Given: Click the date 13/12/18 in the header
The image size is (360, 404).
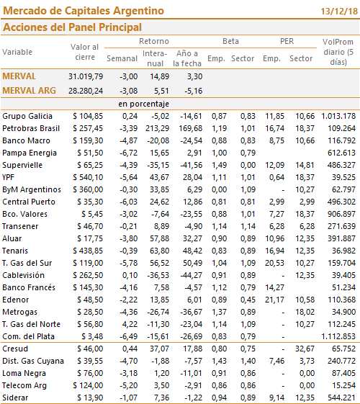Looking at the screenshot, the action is (x=339, y=12).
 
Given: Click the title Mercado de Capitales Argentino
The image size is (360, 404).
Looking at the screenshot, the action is (x=84, y=11).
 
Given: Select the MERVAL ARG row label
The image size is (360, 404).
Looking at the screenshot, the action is (x=29, y=91).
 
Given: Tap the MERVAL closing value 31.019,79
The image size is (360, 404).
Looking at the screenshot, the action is (x=86, y=76).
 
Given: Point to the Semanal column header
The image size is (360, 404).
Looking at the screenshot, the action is (x=122, y=58).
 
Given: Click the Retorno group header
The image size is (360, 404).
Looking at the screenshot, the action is (x=154, y=41).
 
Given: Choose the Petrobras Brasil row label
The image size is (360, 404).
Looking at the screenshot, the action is (x=31, y=128).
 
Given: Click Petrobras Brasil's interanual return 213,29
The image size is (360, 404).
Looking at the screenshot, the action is (x=157, y=128).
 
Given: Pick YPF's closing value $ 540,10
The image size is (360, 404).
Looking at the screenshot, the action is (x=88, y=177).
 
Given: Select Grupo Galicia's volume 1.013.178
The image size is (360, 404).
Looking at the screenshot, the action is (x=338, y=116).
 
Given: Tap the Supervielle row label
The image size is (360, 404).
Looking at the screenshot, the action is (x=22, y=165).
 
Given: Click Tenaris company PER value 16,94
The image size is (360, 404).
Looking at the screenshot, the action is (x=275, y=251).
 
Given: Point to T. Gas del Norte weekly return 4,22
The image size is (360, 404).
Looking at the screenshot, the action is (x=130, y=324).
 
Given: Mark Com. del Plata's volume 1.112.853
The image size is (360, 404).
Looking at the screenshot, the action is (x=338, y=336).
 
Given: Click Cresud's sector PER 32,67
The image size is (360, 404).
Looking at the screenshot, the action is (x=305, y=349).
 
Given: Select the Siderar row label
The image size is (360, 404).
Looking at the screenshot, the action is (x=15, y=398).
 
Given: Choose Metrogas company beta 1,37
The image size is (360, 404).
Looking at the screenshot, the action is (x=219, y=312).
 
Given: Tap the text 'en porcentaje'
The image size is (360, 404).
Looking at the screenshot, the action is (x=144, y=104).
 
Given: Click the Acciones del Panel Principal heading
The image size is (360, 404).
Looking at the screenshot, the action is (x=73, y=27).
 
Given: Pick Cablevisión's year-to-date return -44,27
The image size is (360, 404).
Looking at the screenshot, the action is (x=191, y=275).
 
